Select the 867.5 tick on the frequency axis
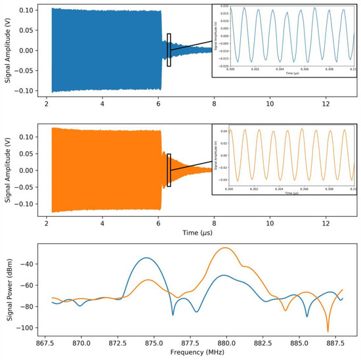45,342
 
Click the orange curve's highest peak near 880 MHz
226,248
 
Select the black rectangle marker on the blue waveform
169,50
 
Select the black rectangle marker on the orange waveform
169,170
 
